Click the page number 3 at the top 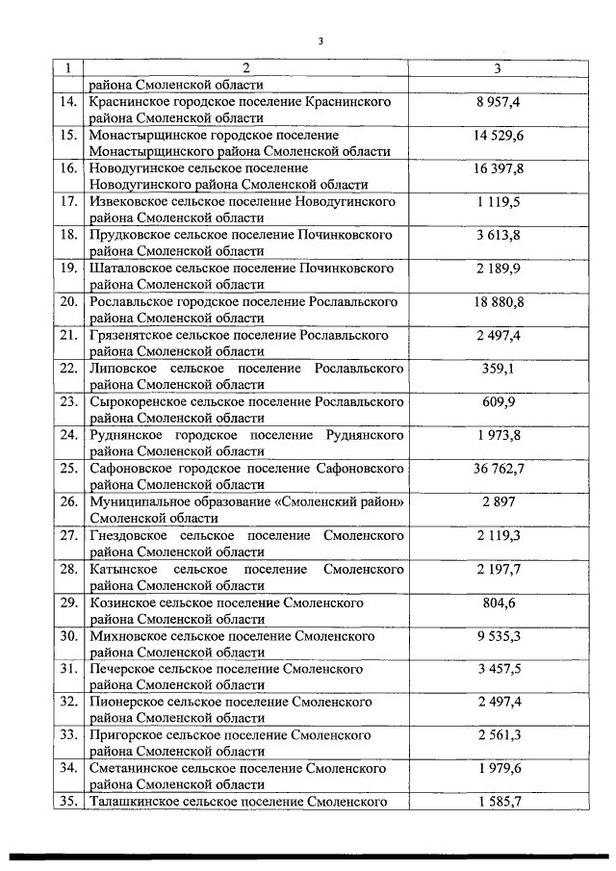(321, 40)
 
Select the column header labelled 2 (245, 68)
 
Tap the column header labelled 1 (68, 68)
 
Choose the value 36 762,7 (498, 469)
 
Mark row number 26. (68, 502)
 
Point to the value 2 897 (498, 502)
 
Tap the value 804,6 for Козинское (498, 602)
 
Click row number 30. (68, 636)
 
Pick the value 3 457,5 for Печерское (498, 670)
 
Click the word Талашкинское (130, 801)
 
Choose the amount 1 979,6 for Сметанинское (498, 769)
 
